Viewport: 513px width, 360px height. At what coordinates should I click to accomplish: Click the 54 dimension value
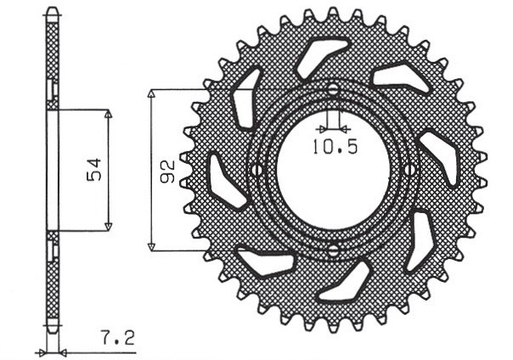[94, 170]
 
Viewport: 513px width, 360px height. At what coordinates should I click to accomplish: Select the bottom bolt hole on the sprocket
[333, 249]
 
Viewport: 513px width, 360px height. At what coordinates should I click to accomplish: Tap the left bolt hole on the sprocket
[254, 170]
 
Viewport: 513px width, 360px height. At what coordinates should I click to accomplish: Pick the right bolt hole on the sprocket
[411, 170]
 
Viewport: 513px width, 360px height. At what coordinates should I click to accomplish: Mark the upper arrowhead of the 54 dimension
[109, 114]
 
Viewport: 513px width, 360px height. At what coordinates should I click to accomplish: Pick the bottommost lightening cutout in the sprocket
[347, 282]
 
